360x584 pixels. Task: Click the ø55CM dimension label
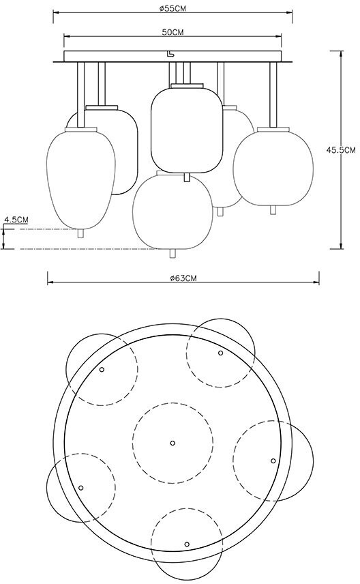(172, 9)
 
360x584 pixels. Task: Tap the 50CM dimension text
(172, 32)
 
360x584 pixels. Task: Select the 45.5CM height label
(341, 150)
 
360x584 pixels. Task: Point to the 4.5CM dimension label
(16, 220)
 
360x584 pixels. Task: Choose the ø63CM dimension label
(183, 278)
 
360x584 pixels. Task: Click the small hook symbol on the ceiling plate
(170, 55)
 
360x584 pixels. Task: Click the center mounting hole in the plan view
(172, 443)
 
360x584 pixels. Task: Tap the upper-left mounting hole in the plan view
(102, 370)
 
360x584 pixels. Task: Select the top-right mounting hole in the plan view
(220, 353)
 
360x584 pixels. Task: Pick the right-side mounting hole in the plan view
(273, 461)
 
